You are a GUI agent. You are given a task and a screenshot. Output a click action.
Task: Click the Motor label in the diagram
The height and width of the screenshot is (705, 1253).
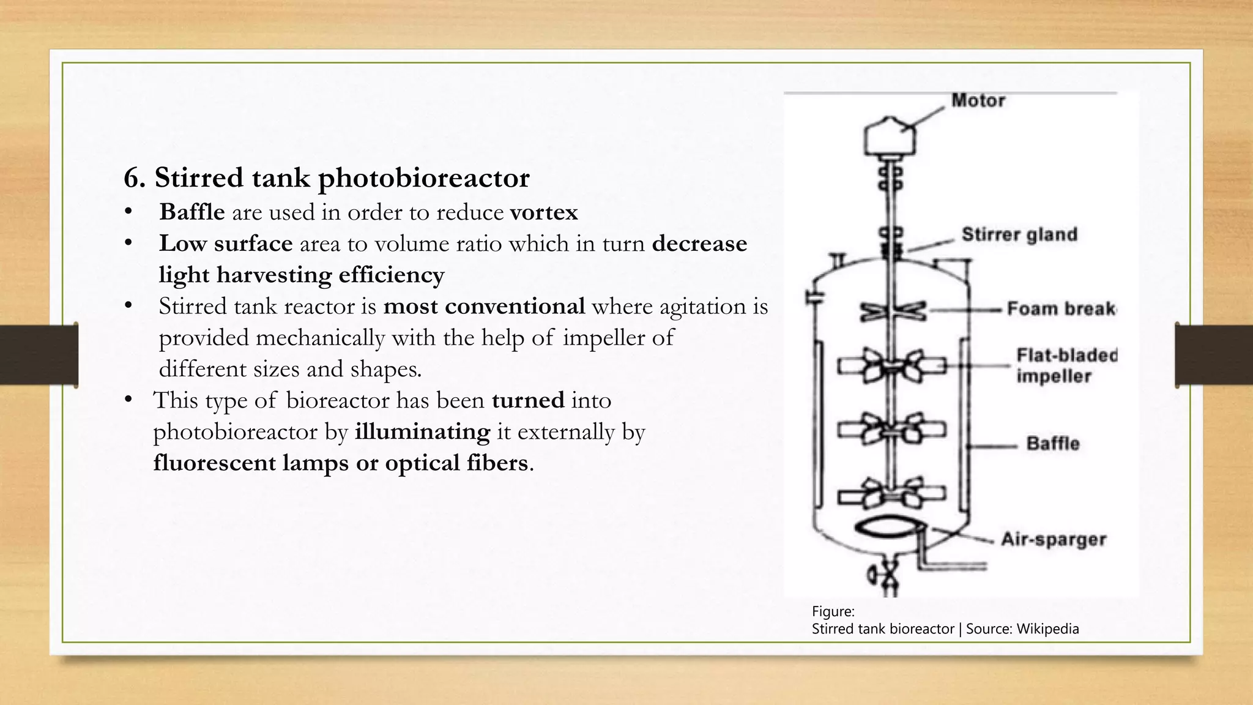978,100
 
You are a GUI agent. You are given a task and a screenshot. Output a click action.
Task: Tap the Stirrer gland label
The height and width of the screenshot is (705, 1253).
1019,234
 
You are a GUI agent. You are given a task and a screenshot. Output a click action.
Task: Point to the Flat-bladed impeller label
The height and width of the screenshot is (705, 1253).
1066,365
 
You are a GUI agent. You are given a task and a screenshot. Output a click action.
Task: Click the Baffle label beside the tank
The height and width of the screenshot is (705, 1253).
1052,443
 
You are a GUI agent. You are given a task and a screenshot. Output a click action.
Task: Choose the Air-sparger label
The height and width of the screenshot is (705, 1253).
1054,539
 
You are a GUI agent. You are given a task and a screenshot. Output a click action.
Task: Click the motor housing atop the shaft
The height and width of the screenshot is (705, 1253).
890,137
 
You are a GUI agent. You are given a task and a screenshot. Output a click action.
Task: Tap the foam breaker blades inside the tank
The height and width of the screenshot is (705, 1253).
893,311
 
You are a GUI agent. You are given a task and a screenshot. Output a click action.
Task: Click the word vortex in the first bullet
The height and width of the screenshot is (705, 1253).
544,212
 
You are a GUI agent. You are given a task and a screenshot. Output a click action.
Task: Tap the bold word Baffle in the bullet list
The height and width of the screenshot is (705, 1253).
191,212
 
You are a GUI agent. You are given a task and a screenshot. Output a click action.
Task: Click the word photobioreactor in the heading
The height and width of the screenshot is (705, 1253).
423,178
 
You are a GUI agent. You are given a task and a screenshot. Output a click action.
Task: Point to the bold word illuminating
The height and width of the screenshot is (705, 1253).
422,431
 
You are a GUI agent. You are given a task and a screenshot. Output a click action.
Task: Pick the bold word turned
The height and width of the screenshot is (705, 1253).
528,400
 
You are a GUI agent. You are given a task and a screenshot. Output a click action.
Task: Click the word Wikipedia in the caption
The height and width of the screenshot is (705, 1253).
1047,629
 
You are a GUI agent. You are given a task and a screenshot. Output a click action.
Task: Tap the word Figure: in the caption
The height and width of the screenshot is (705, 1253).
833,611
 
